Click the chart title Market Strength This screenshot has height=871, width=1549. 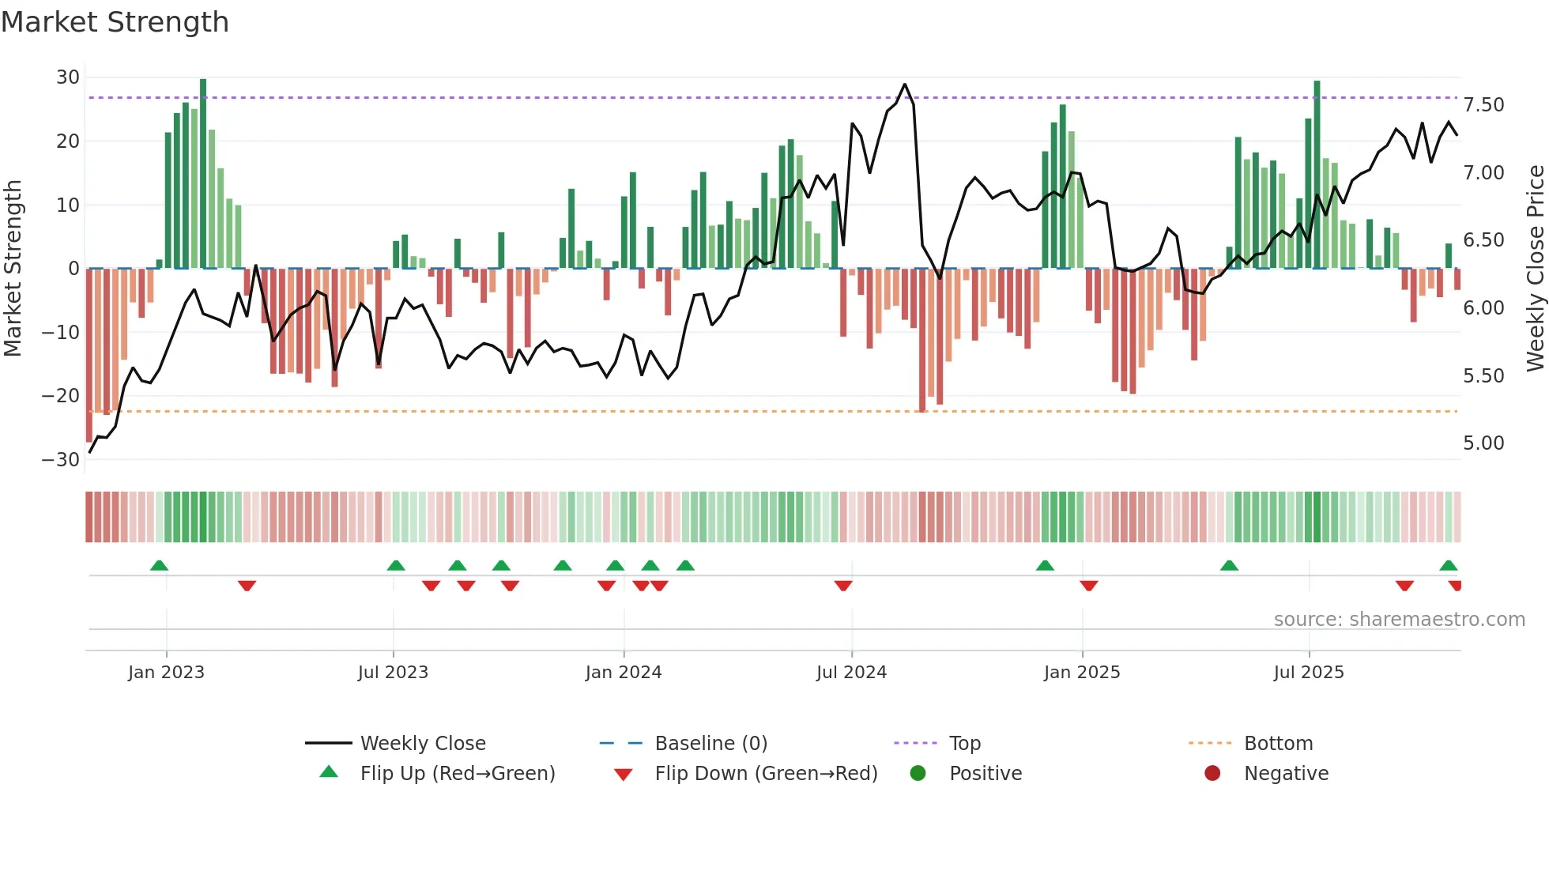click(115, 22)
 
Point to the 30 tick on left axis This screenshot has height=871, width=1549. click(68, 77)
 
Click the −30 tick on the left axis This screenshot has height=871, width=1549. click(61, 460)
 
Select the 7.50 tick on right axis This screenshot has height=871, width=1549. click(1483, 105)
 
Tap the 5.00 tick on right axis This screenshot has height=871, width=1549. click(1483, 443)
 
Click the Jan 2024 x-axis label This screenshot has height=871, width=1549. click(624, 673)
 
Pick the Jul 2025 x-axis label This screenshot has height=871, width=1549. click(1309, 673)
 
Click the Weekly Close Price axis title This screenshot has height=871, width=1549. click(1535, 269)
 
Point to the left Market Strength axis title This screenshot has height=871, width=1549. click(13, 269)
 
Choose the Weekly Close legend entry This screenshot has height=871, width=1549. click(423, 744)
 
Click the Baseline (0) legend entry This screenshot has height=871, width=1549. click(710, 744)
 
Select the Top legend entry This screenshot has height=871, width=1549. click(964, 744)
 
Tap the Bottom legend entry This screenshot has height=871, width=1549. click(1278, 744)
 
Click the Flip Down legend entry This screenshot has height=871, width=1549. click(766, 774)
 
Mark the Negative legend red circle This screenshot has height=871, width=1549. click(1212, 774)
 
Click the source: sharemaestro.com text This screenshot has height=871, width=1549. click(1399, 620)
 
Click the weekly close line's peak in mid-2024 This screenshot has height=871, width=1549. click(905, 85)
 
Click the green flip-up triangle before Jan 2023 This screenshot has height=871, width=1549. click(159, 565)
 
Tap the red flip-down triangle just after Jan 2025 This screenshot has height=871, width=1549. click(1089, 586)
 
